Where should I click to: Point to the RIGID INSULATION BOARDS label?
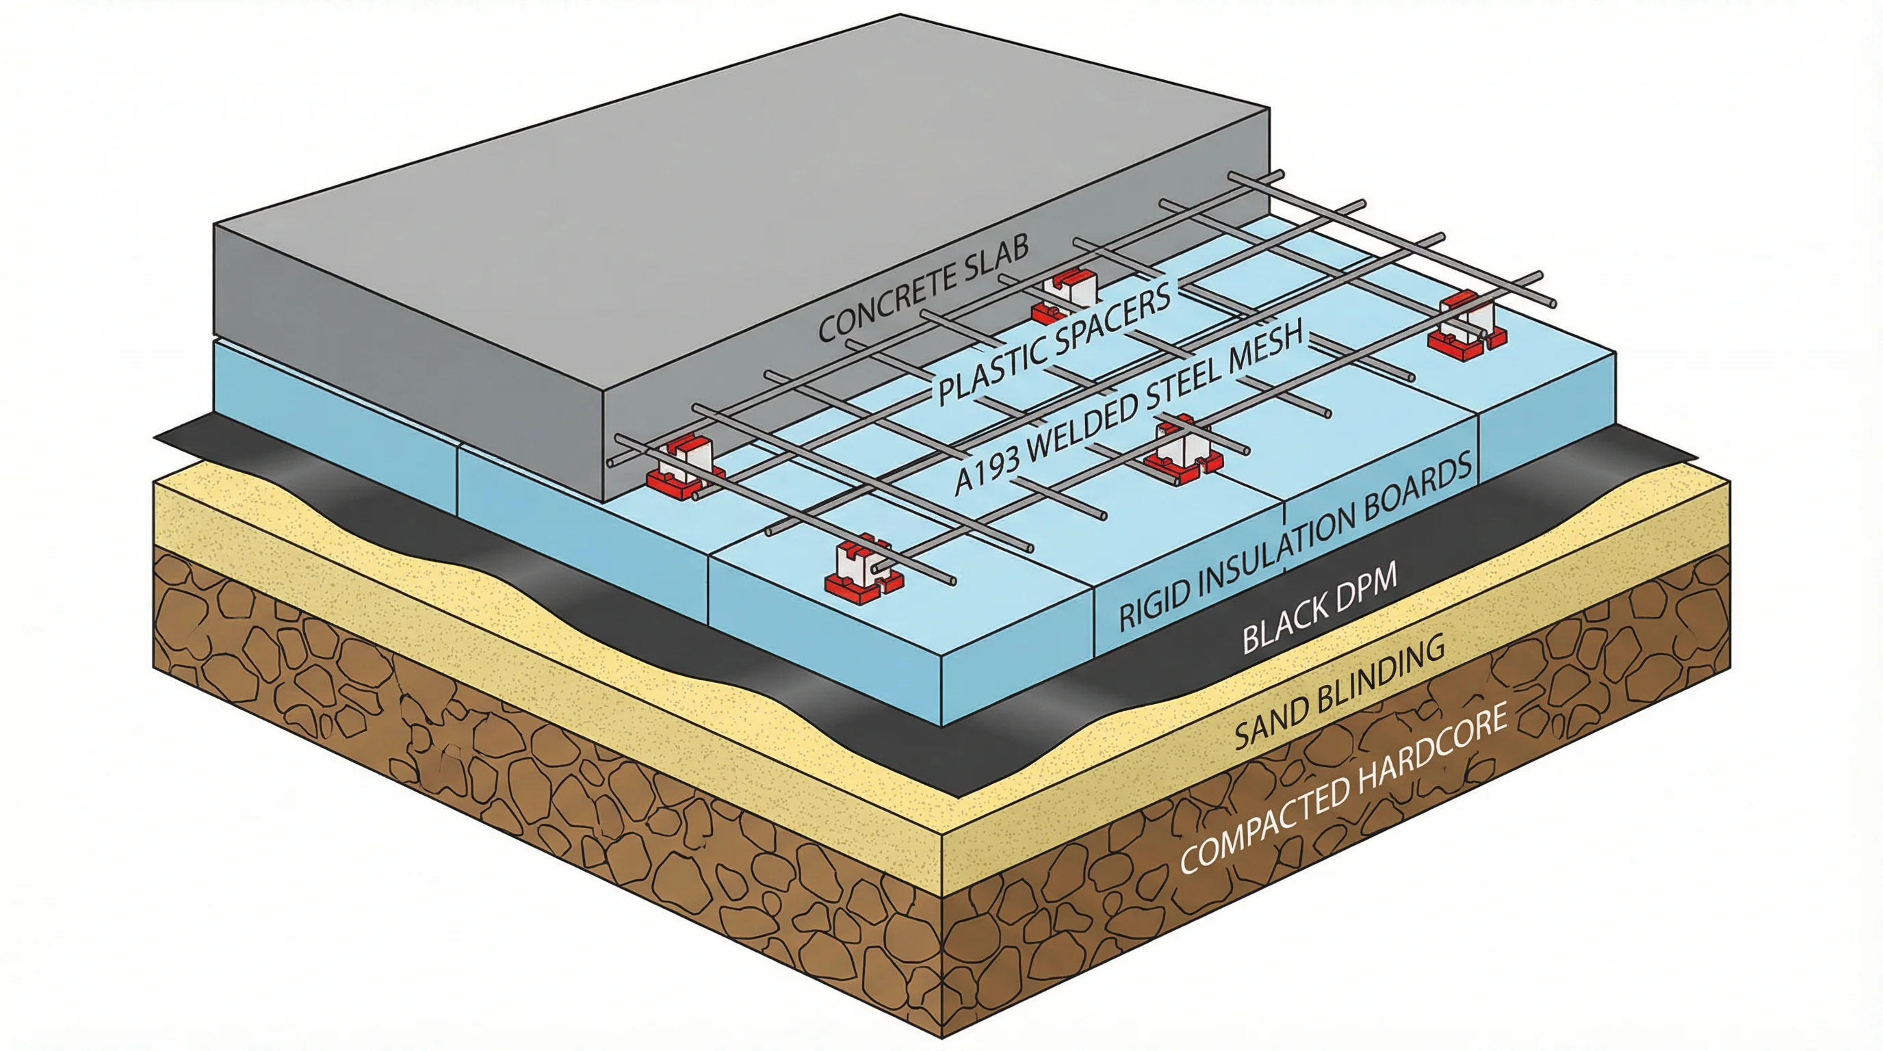point(1295,543)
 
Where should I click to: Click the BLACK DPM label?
point(1319,608)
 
